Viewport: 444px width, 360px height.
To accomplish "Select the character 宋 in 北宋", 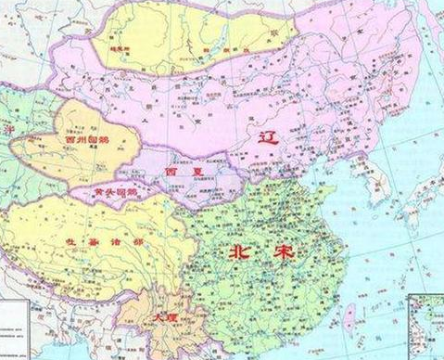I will pyautogui.click(x=271, y=252).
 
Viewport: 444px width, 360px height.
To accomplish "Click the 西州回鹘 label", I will pyautogui.click(x=86, y=142).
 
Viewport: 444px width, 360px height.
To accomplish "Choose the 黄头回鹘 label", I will pyautogui.click(x=116, y=191).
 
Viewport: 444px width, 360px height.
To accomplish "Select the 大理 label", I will pyautogui.click(x=163, y=319).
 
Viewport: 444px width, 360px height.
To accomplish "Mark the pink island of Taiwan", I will pyautogui.click(x=349, y=320).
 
